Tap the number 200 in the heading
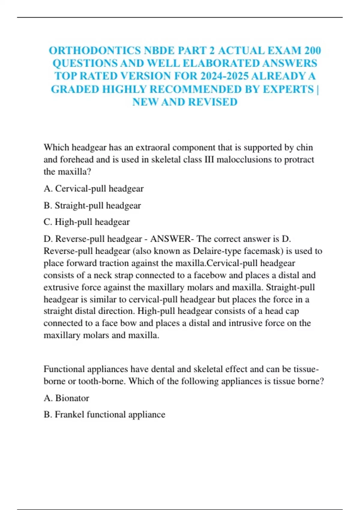pos(312,50)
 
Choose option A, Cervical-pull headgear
pos(94,189)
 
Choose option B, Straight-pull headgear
pos(92,205)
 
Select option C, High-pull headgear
pos(87,222)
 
